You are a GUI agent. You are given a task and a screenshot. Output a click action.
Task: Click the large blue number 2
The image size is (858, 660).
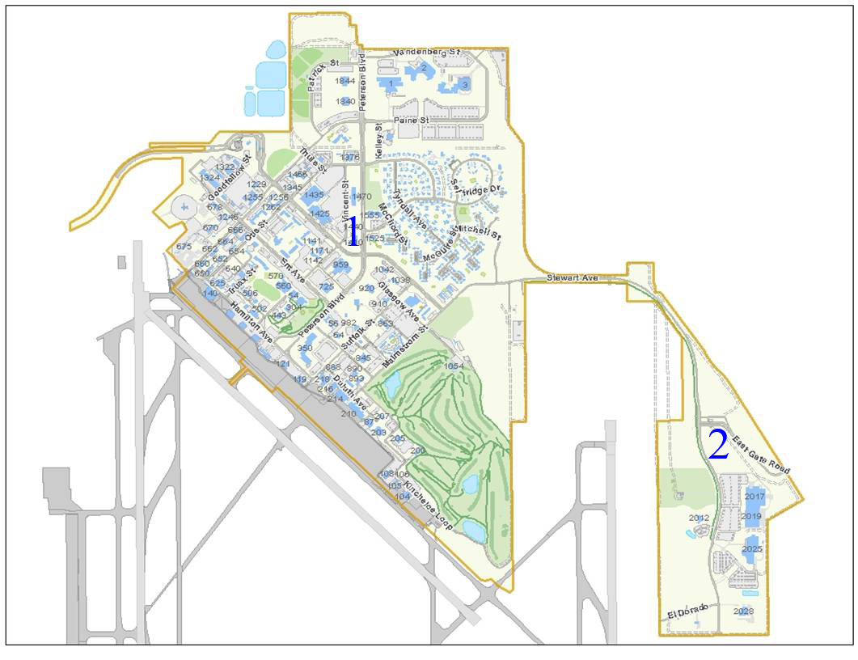tap(718, 445)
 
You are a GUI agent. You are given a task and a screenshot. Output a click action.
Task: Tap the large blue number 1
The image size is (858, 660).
tap(353, 231)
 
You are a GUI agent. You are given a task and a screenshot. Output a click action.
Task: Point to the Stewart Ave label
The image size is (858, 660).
tap(572, 277)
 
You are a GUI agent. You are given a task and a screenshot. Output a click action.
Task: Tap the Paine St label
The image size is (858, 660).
tap(411, 121)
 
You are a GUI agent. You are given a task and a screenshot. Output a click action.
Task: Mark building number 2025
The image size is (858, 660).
tap(752, 549)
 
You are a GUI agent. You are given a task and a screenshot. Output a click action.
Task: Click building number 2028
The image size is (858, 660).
tap(744, 611)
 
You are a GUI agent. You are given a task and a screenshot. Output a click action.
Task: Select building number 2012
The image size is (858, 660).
tap(699, 518)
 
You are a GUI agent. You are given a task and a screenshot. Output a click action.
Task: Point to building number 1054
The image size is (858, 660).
tap(454, 366)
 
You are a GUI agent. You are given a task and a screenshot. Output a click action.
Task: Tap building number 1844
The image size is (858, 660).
tap(346, 81)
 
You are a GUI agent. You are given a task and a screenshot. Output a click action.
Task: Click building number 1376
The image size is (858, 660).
tap(350, 157)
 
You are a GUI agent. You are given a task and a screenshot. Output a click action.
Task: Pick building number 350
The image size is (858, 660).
tap(305, 348)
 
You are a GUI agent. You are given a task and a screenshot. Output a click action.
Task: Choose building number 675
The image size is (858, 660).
tap(184, 247)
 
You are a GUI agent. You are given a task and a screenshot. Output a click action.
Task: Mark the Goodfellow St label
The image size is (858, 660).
tap(229, 180)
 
